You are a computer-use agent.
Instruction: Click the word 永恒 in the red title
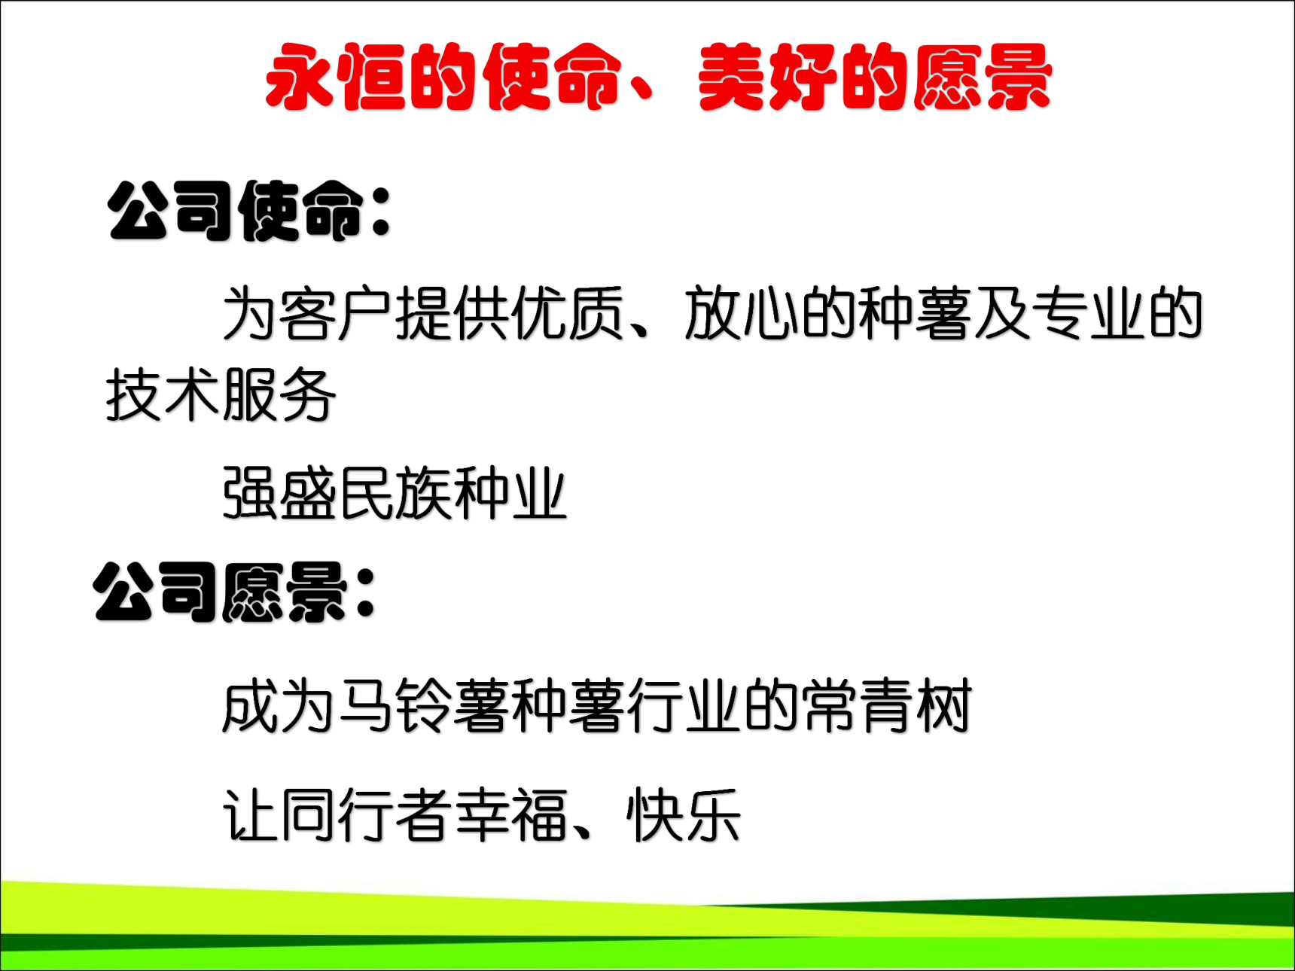[x=337, y=77]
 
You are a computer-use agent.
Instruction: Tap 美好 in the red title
[x=767, y=77]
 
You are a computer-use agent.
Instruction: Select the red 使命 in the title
[x=552, y=77]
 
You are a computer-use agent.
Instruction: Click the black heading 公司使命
[x=236, y=212]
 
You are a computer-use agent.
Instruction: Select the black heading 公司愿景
[x=220, y=592]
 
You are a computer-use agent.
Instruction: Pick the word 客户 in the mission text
[x=335, y=313]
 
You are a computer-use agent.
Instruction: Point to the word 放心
[x=741, y=313]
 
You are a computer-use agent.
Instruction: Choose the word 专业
[x=1088, y=313]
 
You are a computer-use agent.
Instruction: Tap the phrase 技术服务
[x=221, y=395]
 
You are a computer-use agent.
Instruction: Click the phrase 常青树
[x=887, y=705]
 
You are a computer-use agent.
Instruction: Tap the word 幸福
[x=512, y=815]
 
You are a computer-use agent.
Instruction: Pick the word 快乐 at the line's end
[x=684, y=815]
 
